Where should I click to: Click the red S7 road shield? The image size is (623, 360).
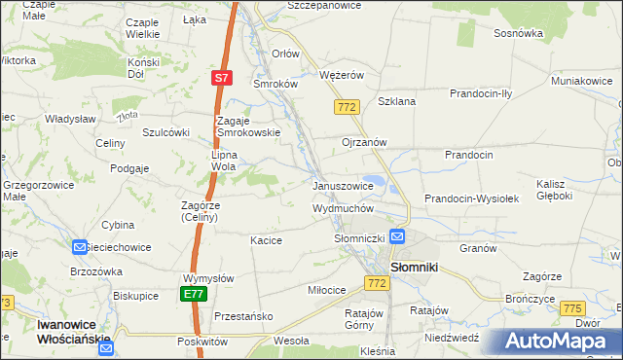click(x=222, y=77)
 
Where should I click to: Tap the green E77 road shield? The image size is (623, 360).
click(x=195, y=293)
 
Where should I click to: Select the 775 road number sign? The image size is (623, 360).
click(x=572, y=308)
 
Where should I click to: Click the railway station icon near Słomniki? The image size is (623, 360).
click(x=397, y=236)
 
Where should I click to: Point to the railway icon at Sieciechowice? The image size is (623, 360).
click(x=80, y=247)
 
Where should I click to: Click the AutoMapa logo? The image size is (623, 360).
click(x=561, y=342)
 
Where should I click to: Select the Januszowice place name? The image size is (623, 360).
click(x=343, y=186)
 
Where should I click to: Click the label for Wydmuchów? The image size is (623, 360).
click(x=343, y=208)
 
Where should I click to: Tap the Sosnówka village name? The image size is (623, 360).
click(x=518, y=32)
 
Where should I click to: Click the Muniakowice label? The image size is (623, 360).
click(x=581, y=81)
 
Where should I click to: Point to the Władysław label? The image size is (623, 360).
click(x=69, y=119)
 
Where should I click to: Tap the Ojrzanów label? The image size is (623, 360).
click(x=365, y=141)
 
